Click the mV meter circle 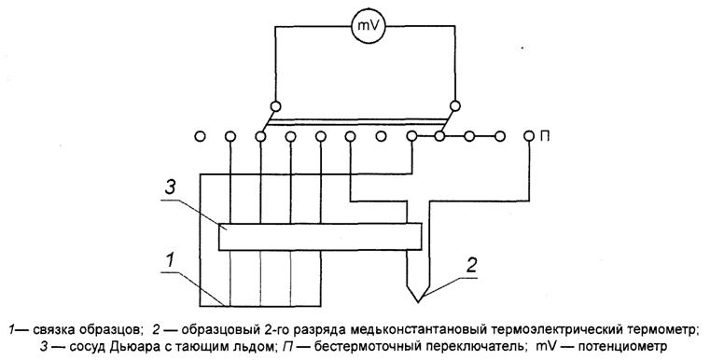(364, 29)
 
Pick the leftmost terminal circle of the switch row (200, 136)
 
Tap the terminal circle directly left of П (530, 136)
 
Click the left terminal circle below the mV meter (275, 105)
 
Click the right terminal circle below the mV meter (454, 105)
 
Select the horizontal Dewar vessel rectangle (319, 237)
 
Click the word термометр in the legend (659, 329)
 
